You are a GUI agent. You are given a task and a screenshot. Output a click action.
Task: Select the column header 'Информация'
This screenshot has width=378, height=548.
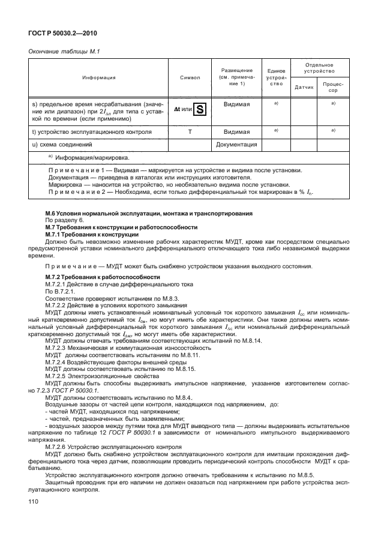[99, 77]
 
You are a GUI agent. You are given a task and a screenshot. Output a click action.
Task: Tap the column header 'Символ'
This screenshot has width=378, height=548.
[190, 77]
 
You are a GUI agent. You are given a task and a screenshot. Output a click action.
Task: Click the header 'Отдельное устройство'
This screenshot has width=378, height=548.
[319, 67]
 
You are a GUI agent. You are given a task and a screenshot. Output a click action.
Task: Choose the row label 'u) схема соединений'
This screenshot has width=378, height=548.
[62, 145]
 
